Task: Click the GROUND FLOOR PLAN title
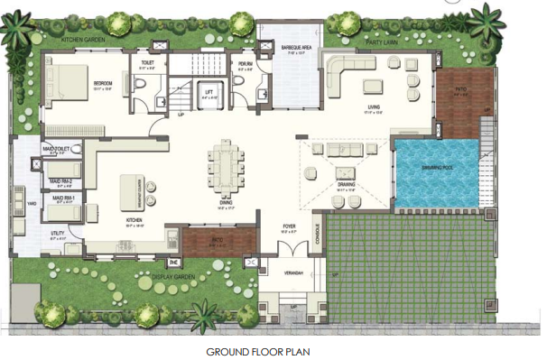click(258, 350)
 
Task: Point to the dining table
click(226, 168)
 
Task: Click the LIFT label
click(210, 90)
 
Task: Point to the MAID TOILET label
click(57, 150)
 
